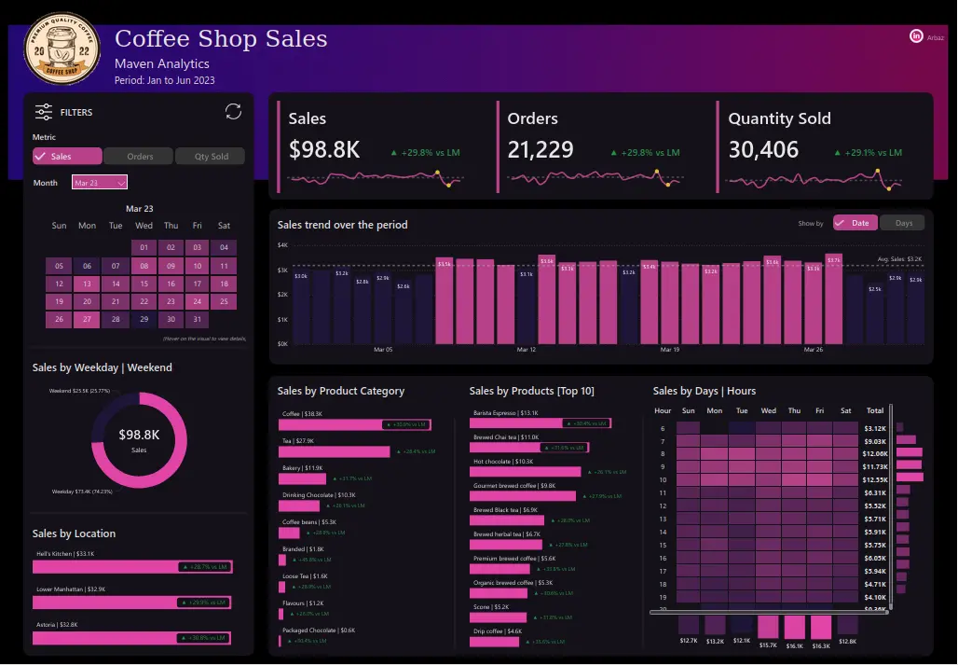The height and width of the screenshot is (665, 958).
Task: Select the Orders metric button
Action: click(x=139, y=157)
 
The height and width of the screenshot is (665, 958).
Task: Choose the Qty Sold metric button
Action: click(x=211, y=157)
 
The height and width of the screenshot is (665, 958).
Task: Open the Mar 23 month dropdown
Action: click(x=100, y=183)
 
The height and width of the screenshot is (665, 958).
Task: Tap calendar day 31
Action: click(x=197, y=319)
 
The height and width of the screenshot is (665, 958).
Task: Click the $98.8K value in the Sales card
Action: click(x=324, y=150)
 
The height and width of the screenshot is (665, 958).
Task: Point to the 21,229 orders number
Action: click(x=541, y=150)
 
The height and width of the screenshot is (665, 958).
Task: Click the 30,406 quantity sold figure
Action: click(x=763, y=150)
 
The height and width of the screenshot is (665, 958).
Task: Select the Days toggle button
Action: click(x=903, y=223)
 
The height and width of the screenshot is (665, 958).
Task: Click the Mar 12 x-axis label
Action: click(x=526, y=350)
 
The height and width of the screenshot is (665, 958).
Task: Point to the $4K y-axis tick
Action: click(x=283, y=245)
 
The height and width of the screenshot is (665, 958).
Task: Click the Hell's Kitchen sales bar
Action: click(x=131, y=566)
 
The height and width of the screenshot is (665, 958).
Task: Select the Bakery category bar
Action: click(x=302, y=479)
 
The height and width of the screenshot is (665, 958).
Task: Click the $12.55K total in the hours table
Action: click(x=874, y=479)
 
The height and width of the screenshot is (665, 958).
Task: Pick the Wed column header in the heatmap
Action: click(x=768, y=410)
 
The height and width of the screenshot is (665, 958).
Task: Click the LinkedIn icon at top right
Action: click(x=916, y=36)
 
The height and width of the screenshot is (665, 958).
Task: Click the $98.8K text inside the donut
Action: click(x=139, y=435)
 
